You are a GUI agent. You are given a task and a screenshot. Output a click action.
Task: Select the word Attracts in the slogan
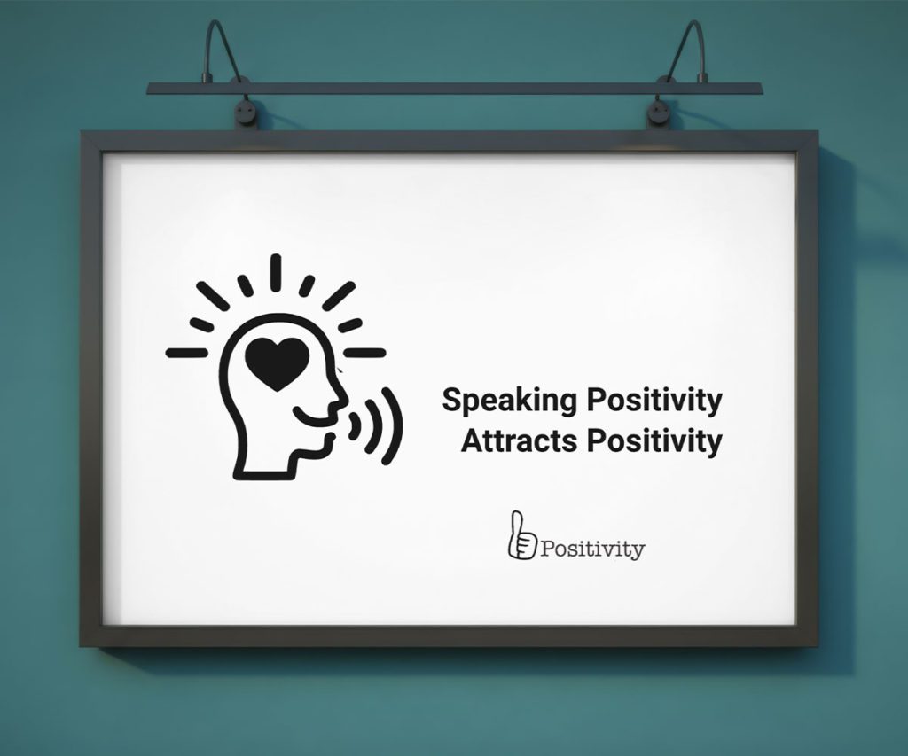click(x=519, y=440)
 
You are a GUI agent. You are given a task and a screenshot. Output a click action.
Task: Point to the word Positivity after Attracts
click(x=654, y=441)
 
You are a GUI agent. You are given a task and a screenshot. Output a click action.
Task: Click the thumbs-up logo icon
click(x=521, y=535)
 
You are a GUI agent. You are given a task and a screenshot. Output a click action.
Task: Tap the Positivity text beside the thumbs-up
click(x=592, y=549)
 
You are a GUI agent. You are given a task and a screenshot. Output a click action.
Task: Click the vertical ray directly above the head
click(x=277, y=273)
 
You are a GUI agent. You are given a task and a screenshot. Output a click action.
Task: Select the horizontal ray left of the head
click(x=187, y=352)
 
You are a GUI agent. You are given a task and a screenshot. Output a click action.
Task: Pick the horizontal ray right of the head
click(x=364, y=352)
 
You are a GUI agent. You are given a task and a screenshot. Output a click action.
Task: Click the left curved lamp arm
click(x=222, y=50)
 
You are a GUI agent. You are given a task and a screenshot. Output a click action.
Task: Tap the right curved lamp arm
click(x=688, y=50)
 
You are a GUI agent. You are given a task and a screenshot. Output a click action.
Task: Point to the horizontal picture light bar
click(x=455, y=88)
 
